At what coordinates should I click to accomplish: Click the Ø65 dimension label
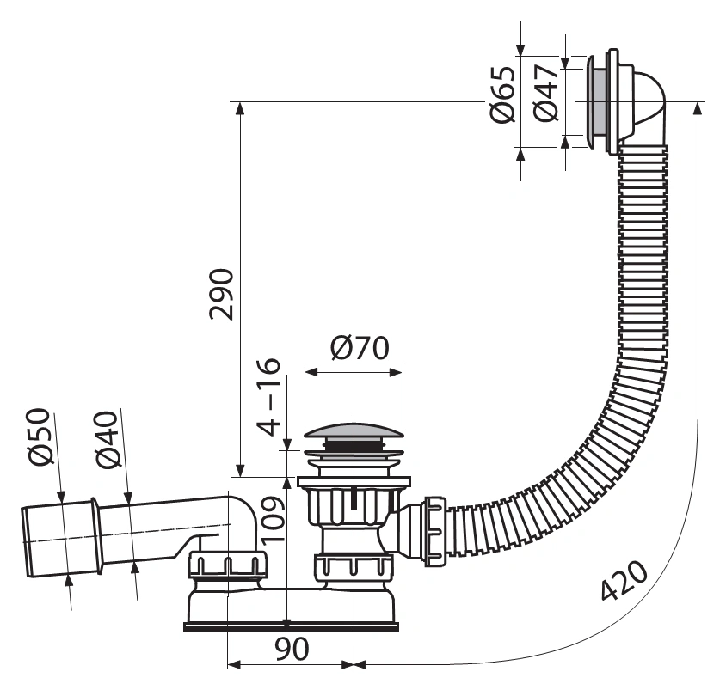(x=502, y=95)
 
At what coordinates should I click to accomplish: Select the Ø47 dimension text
(x=546, y=93)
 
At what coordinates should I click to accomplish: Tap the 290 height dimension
(x=221, y=294)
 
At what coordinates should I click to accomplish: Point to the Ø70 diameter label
(x=360, y=348)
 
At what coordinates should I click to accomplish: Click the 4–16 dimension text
(x=269, y=397)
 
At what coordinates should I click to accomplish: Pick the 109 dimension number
(x=273, y=519)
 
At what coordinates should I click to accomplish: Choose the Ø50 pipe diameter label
(x=39, y=437)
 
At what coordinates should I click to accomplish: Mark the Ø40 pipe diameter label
(x=108, y=439)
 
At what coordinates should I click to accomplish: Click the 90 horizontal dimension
(x=292, y=649)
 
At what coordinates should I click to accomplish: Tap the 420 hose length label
(x=624, y=580)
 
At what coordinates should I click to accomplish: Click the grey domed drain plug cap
(x=354, y=430)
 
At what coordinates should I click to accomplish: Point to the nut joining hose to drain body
(x=434, y=531)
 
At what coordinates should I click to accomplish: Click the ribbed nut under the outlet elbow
(x=228, y=565)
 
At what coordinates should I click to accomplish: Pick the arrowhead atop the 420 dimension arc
(x=698, y=107)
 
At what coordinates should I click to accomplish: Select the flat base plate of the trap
(x=292, y=626)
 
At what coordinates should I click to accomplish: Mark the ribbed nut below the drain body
(x=354, y=566)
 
